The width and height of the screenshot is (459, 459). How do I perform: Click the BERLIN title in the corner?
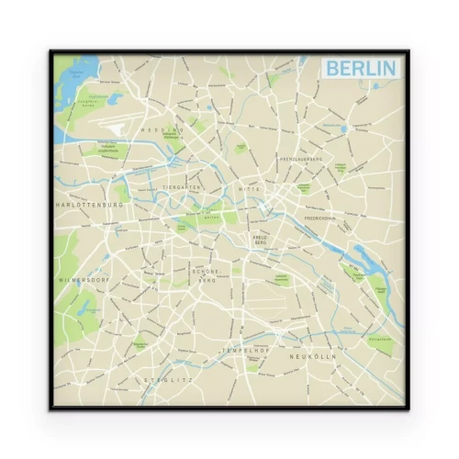[361, 69]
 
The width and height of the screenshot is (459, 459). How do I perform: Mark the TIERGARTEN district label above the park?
[181, 187]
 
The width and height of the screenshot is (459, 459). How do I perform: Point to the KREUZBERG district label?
[260, 242]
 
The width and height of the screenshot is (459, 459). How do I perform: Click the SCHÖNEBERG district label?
[204, 275]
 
